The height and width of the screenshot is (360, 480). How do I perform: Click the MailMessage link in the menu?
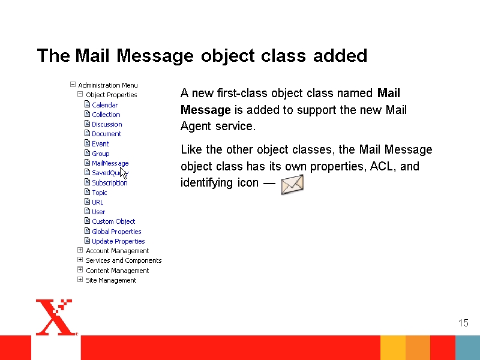point(110,163)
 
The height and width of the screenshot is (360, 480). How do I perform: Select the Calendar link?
point(105,105)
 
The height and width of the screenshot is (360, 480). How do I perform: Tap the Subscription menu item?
point(110,183)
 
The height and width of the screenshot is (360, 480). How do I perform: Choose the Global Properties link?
point(116,232)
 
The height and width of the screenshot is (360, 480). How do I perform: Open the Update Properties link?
point(118,241)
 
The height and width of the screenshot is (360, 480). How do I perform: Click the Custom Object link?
point(113,221)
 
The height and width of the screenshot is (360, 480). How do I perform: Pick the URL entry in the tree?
point(97,202)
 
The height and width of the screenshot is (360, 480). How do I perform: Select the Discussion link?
point(107,124)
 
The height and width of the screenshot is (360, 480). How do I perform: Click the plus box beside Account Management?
point(80,250)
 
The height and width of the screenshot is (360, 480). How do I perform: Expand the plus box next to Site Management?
point(80,280)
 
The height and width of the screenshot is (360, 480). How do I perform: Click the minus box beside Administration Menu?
point(73,84)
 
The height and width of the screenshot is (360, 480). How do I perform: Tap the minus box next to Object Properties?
point(80,94)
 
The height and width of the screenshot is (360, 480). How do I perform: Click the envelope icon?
point(292,184)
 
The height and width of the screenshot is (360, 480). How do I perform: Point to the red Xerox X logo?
point(55,317)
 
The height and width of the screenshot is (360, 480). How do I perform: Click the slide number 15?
point(463,323)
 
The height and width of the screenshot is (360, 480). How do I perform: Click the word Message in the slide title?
point(155,56)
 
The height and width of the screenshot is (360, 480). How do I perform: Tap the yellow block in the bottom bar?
point(393,348)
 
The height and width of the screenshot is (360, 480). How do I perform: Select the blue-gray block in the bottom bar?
point(467,348)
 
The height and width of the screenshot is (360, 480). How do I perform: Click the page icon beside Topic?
point(87,192)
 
